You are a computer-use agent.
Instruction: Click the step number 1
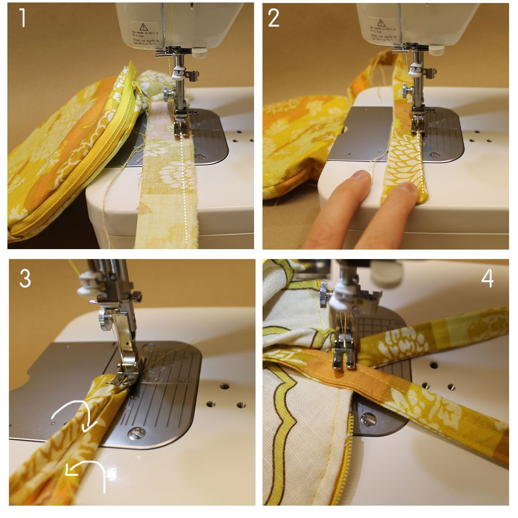point(21,18)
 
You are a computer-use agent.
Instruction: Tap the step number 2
point(274,18)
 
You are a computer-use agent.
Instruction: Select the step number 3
point(25,278)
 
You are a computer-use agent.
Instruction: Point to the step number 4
point(487,279)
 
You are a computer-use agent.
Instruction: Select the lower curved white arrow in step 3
point(89,471)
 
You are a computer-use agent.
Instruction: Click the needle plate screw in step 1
point(200,157)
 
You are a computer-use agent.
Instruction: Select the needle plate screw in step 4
point(369,420)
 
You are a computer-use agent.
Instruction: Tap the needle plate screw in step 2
point(435,154)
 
